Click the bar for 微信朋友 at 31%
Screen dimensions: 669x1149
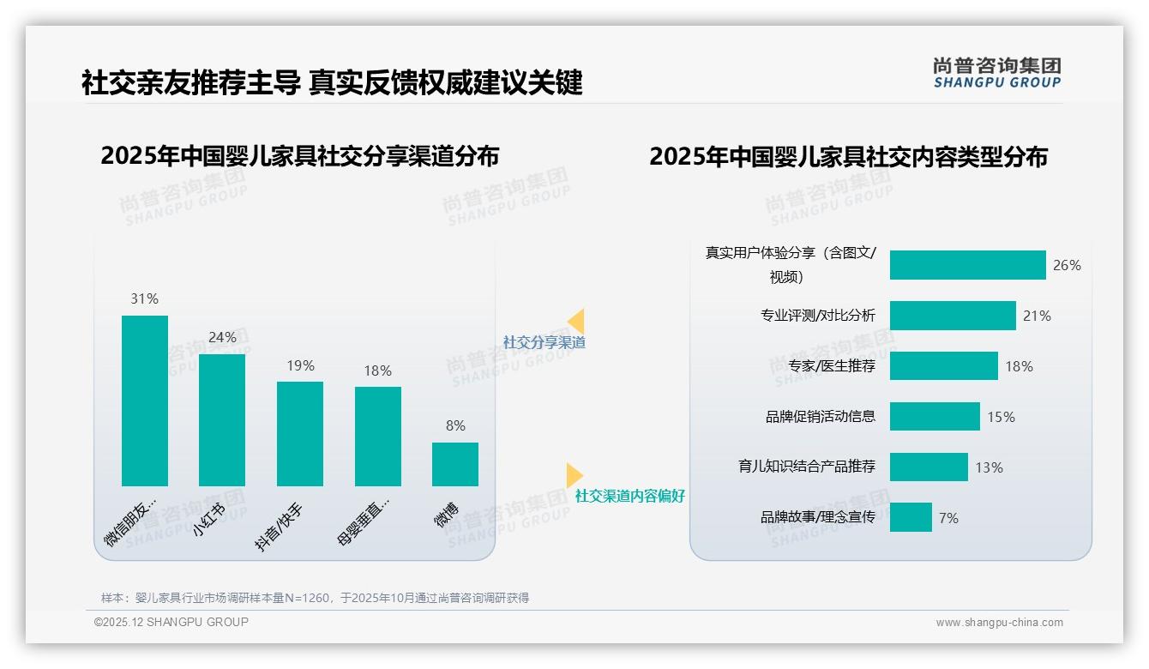pos(145,401)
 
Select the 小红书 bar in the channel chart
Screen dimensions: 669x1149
pos(222,420)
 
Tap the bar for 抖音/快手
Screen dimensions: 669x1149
pos(300,434)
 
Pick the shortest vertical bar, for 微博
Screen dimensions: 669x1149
pos(455,464)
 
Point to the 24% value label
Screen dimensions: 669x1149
pos(222,337)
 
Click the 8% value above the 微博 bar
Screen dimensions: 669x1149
pos(455,425)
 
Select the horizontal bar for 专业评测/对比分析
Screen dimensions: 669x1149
pos(953,316)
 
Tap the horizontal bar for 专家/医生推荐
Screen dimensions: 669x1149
pos(943,366)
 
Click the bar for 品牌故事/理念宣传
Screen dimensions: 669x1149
pos(911,517)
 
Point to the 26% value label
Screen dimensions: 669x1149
pos(1067,265)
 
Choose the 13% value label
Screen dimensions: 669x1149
pos(989,467)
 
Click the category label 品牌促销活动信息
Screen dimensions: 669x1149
pos(821,417)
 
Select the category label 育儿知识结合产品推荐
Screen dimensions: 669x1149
pos(807,467)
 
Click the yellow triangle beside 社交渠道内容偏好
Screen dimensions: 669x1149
pos(574,475)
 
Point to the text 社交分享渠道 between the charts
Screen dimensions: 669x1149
pos(544,342)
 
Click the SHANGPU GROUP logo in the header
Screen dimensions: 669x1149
pos(996,73)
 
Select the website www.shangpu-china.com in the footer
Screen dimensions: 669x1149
pos(999,623)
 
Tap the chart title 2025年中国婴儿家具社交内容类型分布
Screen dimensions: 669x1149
pos(848,157)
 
